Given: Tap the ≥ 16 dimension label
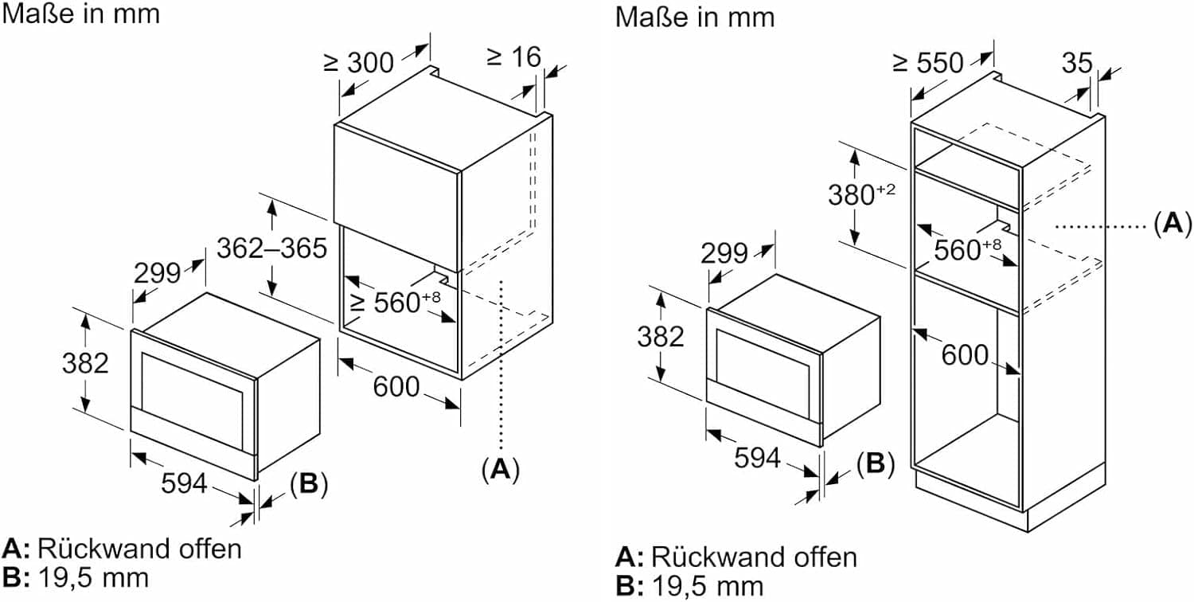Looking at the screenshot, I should (x=513, y=57).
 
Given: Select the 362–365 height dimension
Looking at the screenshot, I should (x=271, y=248).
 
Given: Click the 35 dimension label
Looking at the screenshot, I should (x=1077, y=63).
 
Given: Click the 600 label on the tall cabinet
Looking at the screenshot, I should (x=965, y=355).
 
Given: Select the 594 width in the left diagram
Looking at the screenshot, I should (x=185, y=483).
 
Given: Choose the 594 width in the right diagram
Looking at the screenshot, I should (x=756, y=457).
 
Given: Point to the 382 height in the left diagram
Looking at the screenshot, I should (x=85, y=362).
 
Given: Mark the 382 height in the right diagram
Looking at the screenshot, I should (x=660, y=337).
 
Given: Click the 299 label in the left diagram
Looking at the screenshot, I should (x=158, y=272).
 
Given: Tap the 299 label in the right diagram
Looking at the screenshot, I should (x=724, y=253).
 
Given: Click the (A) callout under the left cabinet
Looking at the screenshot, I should (x=500, y=469).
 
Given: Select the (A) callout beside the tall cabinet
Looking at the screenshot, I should (x=1172, y=225).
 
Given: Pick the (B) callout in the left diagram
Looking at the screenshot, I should (x=309, y=484).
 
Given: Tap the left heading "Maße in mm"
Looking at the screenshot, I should (x=80, y=14).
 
